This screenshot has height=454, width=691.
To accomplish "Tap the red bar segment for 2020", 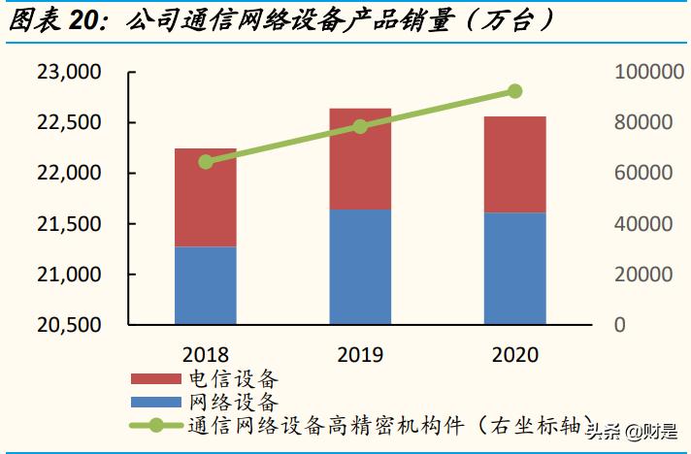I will [x=514, y=165].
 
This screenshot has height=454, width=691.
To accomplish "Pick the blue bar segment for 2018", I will [x=206, y=284].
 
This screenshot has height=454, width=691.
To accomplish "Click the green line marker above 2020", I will [x=514, y=91].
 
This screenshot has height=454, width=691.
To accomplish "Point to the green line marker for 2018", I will [x=206, y=162].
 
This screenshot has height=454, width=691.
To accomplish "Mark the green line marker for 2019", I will [x=360, y=127].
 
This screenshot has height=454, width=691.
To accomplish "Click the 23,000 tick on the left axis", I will [x=69, y=73].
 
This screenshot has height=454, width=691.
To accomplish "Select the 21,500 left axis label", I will [x=69, y=224].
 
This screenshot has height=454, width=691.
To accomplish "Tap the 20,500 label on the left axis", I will [x=69, y=325].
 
